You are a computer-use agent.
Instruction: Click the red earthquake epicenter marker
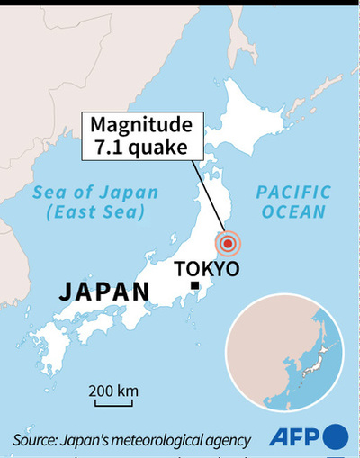(229, 242)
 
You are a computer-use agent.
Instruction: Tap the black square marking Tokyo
(194, 286)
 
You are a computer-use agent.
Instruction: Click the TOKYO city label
(206, 268)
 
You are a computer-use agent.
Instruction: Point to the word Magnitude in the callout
(139, 127)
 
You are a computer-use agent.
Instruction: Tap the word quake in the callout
(157, 148)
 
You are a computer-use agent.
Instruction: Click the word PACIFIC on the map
(293, 192)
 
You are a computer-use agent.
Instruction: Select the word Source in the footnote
(33, 440)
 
